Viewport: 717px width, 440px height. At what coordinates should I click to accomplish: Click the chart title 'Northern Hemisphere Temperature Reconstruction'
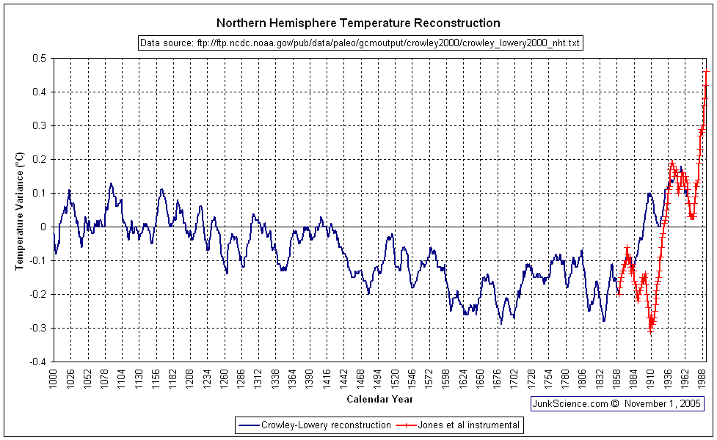(x=359, y=23)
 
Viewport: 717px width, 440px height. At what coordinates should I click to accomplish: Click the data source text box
(x=360, y=43)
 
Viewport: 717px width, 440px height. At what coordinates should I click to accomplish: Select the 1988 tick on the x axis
(x=703, y=380)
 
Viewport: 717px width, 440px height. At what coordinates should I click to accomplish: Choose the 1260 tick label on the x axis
(x=224, y=380)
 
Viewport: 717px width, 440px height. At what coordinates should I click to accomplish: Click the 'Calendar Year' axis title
(x=379, y=400)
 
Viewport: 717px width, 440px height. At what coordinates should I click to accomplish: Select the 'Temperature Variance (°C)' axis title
(x=21, y=210)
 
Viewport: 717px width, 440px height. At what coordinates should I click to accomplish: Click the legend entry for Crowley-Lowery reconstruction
(x=314, y=425)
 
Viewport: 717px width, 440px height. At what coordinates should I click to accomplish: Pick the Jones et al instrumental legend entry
(x=459, y=425)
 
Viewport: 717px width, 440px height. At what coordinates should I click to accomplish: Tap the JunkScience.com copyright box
(x=617, y=403)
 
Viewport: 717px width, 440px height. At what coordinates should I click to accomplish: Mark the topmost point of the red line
(x=706, y=72)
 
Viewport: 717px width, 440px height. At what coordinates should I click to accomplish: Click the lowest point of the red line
(x=650, y=331)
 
